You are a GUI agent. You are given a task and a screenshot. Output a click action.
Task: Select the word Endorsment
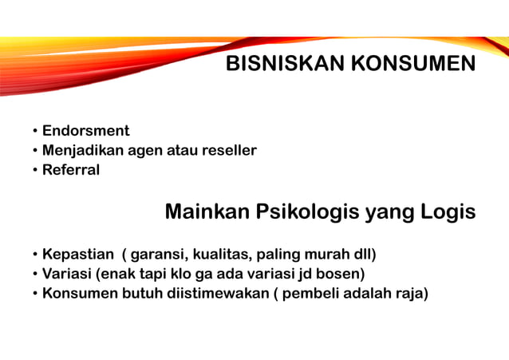pyautogui.click(x=86, y=131)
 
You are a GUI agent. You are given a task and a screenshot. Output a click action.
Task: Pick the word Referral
pyautogui.click(x=71, y=169)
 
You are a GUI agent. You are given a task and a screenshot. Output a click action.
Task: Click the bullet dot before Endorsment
pyautogui.click(x=35, y=132)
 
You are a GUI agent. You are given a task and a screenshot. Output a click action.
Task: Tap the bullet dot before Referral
pyautogui.click(x=35, y=170)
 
